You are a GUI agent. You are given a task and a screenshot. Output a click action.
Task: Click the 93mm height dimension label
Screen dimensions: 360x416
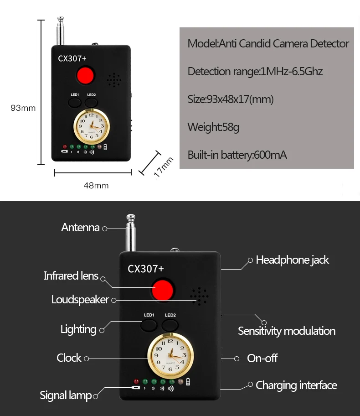coord(23,108)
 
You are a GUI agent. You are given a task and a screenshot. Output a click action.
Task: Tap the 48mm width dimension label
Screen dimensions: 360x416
coord(96,186)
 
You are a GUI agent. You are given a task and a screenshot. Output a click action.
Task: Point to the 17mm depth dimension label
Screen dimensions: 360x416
coord(164,167)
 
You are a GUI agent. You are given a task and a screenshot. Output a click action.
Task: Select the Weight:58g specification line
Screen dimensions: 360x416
coord(213,127)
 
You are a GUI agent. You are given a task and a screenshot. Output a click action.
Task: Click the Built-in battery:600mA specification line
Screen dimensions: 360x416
coord(237,155)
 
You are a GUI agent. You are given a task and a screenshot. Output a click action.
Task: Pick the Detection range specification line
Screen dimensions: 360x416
coord(255,71)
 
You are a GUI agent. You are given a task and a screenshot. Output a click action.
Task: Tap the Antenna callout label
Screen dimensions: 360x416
coord(80,227)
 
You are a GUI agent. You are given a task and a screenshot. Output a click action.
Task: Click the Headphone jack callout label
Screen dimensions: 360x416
coord(293,260)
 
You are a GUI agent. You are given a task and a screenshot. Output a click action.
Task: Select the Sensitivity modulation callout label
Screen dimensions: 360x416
coord(287,331)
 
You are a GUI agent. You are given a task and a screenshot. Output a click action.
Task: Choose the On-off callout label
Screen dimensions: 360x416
coord(262,358)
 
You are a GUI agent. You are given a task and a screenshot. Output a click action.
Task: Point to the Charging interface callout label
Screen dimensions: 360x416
coord(296,385)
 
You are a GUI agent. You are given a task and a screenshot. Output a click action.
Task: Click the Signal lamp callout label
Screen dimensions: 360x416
coord(66,395)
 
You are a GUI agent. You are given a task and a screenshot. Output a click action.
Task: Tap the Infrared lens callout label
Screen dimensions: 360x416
coord(71,276)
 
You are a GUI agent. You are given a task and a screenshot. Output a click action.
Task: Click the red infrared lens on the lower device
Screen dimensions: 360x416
coord(163,290)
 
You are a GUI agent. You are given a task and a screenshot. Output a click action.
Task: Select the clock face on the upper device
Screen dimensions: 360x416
coord(92,126)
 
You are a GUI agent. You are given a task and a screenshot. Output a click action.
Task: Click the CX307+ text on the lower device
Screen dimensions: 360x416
coord(146,269)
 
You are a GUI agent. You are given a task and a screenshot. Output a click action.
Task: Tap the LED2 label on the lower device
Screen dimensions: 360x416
coord(170,315)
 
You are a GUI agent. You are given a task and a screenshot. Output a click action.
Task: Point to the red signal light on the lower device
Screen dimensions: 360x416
coord(136,381)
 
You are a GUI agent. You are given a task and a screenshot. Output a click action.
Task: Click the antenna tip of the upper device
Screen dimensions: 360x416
coord(61,19)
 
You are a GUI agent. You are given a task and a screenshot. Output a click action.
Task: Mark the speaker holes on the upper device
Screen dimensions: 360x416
coord(114,80)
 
